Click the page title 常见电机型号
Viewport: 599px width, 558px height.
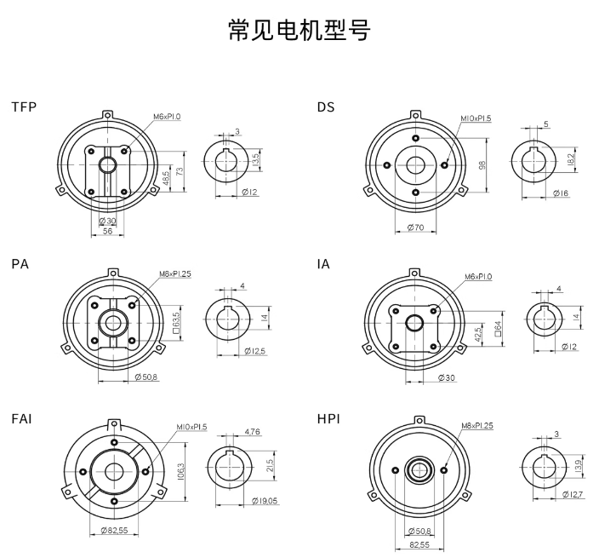(299, 31)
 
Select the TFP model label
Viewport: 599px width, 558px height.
(24, 107)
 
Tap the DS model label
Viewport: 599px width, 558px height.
(326, 107)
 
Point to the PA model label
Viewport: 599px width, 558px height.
(20, 264)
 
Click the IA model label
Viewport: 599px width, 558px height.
(323, 264)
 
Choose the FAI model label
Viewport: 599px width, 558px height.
(23, 420)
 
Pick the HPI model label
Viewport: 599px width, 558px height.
(328, 420)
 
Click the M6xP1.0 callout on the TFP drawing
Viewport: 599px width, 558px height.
(167, 117)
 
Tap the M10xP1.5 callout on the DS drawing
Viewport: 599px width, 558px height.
(476, 118)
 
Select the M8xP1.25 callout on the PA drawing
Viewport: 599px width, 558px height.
(175, 274)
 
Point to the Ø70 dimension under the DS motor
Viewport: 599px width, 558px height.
(416, 227)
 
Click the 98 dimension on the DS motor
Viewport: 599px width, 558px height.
(482, 165)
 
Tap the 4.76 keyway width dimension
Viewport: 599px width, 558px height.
(251, 433)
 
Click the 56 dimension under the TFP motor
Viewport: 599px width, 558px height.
(108, 231)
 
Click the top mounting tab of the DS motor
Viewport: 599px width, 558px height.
(414, 115)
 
